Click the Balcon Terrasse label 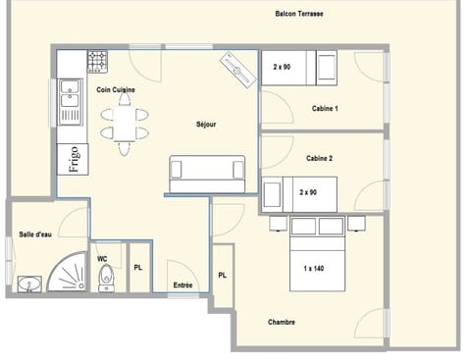299,15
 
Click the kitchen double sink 69,101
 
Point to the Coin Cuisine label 115,89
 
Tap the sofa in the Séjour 207,175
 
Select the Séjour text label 206,125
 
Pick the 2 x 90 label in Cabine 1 282,67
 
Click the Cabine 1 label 325,108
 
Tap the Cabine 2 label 319,158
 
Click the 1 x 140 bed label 314,268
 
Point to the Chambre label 281,322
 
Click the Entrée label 183,285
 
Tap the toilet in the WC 108,278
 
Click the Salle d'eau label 35,233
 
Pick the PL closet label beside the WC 137,267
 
